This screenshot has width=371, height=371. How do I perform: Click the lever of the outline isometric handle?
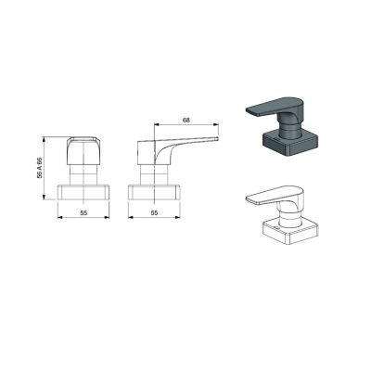click(273, 197)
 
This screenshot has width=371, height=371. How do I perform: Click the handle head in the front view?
click(84, 149)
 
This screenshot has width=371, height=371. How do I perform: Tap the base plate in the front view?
click(84, 193)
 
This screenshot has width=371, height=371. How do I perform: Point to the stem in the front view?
click(84, 174)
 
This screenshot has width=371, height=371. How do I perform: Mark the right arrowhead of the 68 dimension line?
click(220, 124)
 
